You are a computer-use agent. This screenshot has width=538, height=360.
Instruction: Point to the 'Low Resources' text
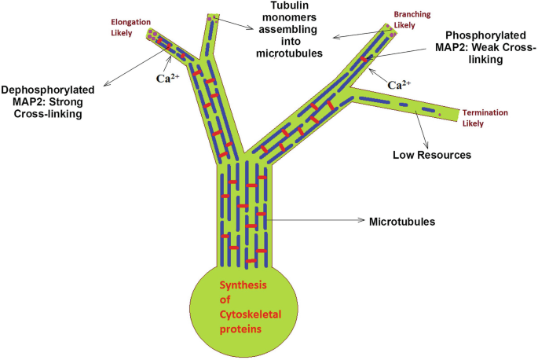432,155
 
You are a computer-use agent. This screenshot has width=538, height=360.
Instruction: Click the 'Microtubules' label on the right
401,222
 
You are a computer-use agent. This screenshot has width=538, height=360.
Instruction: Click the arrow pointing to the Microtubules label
314,221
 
